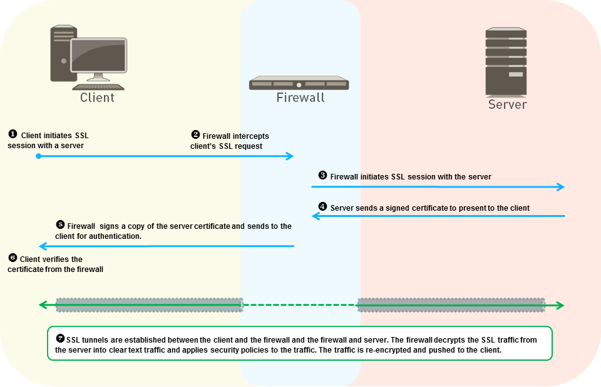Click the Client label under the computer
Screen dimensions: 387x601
(97, 98)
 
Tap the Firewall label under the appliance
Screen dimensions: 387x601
(300, 98)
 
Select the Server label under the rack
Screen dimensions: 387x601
(507, 104)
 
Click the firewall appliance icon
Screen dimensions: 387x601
(299, 83)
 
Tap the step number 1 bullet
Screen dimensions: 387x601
(12, 134)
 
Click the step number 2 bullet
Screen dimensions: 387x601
(195, 134)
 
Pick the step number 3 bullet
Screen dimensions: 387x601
(322, 176)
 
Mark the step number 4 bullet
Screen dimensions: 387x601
(322, 206)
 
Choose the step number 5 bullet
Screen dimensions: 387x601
(60, 224)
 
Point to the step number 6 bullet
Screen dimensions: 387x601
(12, 258)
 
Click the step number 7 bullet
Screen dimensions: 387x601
(59, 338)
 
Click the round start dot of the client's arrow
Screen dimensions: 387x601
(39, 156)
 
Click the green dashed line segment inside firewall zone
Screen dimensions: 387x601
(300, 305)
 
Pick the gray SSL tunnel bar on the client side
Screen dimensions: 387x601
(148, 305)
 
